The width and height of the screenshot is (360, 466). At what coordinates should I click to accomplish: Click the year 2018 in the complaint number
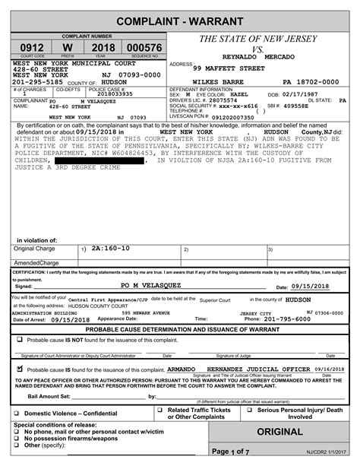click(x=103, y=47)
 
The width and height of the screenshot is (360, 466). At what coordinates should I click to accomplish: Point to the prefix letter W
click(x=68, y=47)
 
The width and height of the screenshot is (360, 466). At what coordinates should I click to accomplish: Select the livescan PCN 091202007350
click(x=232, y=117)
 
